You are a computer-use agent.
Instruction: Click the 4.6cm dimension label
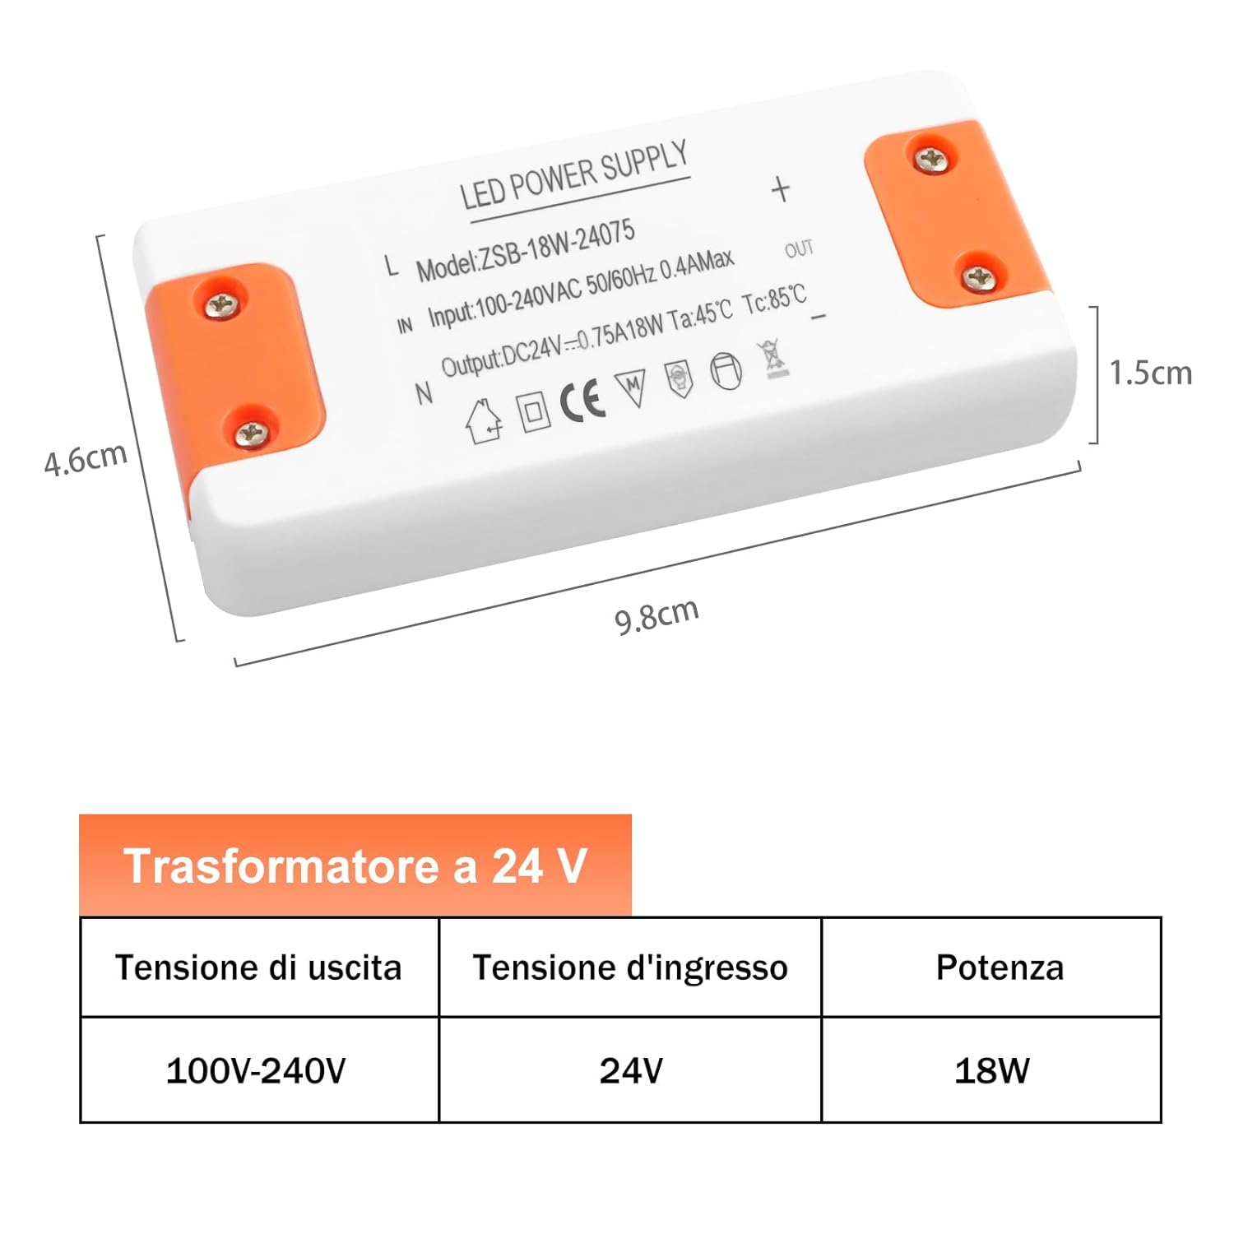coord(86,458)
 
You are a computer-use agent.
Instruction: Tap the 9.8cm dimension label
coord(656,615)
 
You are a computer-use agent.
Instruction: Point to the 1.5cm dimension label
coord(1150,373)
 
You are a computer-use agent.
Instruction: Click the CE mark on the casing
coord(582,401)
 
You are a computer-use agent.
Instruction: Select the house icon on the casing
coord(484,421)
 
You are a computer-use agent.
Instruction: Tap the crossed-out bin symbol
coord(773,359)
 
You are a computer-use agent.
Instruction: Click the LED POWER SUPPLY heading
coord(573,175)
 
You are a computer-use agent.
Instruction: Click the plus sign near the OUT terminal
coord(780,189)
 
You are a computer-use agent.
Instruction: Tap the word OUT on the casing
coord(798,248)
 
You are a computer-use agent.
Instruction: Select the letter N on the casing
coord(424,394)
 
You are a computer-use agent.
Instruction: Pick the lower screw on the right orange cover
coord(978,278)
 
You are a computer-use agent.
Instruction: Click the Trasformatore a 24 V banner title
coord(355,866)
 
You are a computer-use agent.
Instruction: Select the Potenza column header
coord(1000,967)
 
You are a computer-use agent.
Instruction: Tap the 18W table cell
coord(991,1070)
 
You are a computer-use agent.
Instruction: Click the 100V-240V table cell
coord(256,1070)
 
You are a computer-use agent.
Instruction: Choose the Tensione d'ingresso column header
coord(630,967)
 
